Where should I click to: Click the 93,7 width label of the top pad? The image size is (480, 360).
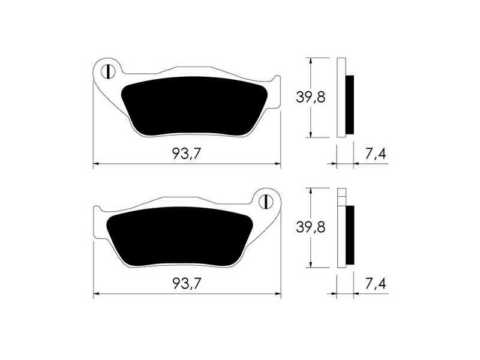click(x=187, y=154)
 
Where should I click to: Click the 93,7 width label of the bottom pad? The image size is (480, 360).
click(x=187, y=284)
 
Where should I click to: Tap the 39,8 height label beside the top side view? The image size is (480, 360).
click(x=310, y=97)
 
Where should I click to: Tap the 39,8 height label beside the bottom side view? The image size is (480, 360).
click(x=310, y=227)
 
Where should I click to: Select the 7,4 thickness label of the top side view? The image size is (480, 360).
click(x=376, y=154)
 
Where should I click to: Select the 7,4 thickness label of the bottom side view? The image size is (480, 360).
click(x=376, y=284)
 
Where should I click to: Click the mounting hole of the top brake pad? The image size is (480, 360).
click(x=108, y=72)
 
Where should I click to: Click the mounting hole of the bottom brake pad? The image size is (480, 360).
click(x=266, y=202)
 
